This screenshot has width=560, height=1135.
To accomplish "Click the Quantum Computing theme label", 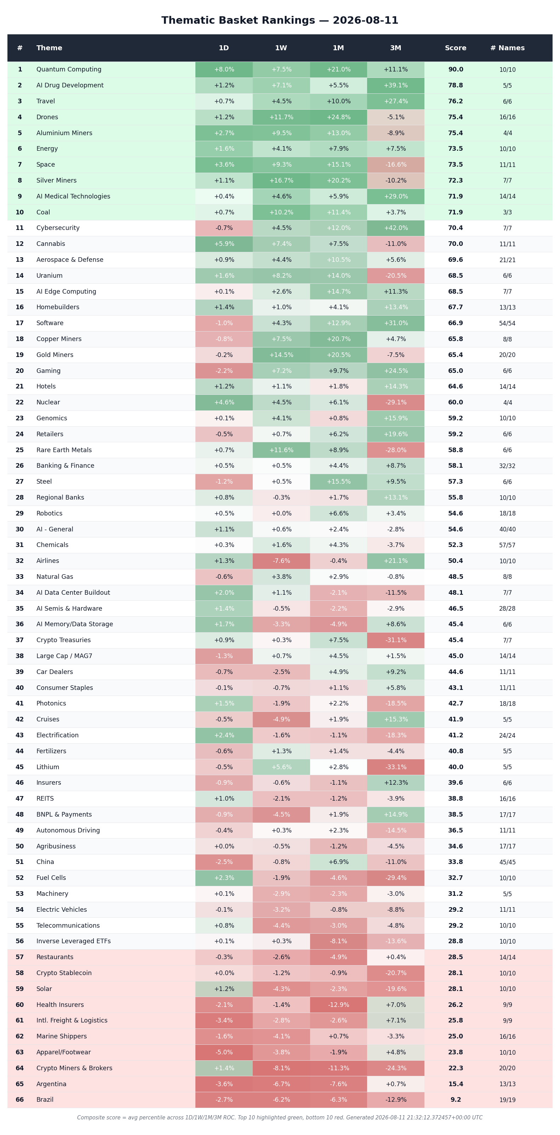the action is tap(69, 70).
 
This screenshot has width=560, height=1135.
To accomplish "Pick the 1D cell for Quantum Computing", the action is tap(224, 70).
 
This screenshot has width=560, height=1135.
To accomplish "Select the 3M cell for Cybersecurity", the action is tap(395, 228).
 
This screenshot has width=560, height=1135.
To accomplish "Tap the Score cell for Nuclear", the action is tap(456, 402).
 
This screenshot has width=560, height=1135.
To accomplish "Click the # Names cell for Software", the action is tap(508, 323).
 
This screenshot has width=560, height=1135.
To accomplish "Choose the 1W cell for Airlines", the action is tap(281, 561).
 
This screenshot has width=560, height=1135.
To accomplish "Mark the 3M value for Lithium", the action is tap(395, 767).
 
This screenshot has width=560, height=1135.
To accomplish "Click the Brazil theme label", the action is tap(45, 1100).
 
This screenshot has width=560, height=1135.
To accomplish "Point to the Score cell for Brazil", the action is tap(456, 1100).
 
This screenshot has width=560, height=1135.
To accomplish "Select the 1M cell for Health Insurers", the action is tap(338, 1004).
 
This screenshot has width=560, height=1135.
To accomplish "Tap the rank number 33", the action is tap(20, 577).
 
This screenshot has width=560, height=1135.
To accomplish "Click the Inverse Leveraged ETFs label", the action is tap(74, 941).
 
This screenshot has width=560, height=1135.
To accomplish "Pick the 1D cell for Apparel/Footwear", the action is tap(224, 1052).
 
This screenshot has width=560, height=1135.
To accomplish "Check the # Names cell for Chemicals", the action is tap(508, 545).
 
